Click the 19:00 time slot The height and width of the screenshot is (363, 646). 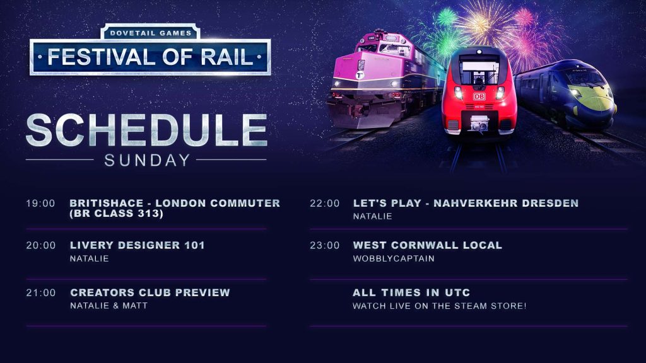40,204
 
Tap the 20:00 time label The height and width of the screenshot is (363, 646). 41,245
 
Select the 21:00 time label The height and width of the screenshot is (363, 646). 41,292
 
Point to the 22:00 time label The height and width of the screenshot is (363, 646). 325,204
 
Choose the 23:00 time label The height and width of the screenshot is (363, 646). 325,245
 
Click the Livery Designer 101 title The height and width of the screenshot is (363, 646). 137,245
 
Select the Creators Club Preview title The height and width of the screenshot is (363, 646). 150,292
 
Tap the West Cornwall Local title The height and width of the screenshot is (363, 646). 427,245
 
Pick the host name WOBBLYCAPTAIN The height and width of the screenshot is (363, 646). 394,258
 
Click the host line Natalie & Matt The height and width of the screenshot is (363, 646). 109,306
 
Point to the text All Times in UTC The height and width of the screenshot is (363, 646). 411,292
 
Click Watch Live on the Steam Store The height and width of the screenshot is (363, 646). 439,306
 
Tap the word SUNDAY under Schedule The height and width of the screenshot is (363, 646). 147,160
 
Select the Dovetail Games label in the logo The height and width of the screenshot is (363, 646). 150,33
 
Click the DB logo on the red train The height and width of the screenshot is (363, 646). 479,96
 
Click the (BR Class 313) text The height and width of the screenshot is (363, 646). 117,214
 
